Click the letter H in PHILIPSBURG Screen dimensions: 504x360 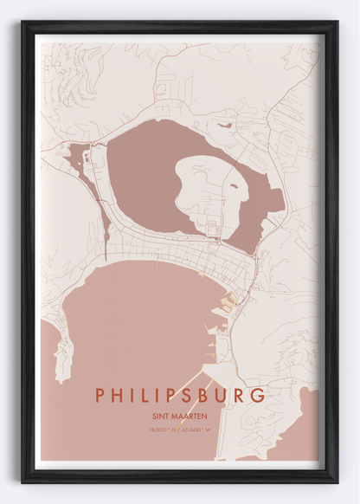[118, 395]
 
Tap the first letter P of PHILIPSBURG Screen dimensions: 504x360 [100, 395]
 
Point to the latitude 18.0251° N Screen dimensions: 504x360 [161, 429]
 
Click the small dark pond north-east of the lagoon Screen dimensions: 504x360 [225, 126]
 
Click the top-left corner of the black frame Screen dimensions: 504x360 [23, 23]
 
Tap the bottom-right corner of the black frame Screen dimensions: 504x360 [336, 481]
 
